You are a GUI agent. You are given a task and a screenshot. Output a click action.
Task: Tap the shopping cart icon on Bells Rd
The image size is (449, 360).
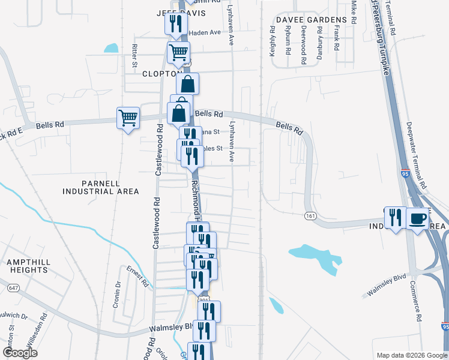(x=128, y=118)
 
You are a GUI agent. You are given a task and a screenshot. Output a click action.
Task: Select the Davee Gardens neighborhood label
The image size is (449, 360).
(x=304, y=19)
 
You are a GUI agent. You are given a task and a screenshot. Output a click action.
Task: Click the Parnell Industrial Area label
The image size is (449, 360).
(x=101, y=187)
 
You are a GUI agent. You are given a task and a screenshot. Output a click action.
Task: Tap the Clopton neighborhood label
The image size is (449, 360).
(x=162, y=74)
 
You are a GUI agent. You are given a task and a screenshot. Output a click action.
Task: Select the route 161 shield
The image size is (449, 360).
(x=310, y=215)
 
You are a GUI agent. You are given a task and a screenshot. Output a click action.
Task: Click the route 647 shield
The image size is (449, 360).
(x=12, y=289)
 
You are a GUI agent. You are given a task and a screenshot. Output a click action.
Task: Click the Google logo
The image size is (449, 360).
(x=20, y=353)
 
